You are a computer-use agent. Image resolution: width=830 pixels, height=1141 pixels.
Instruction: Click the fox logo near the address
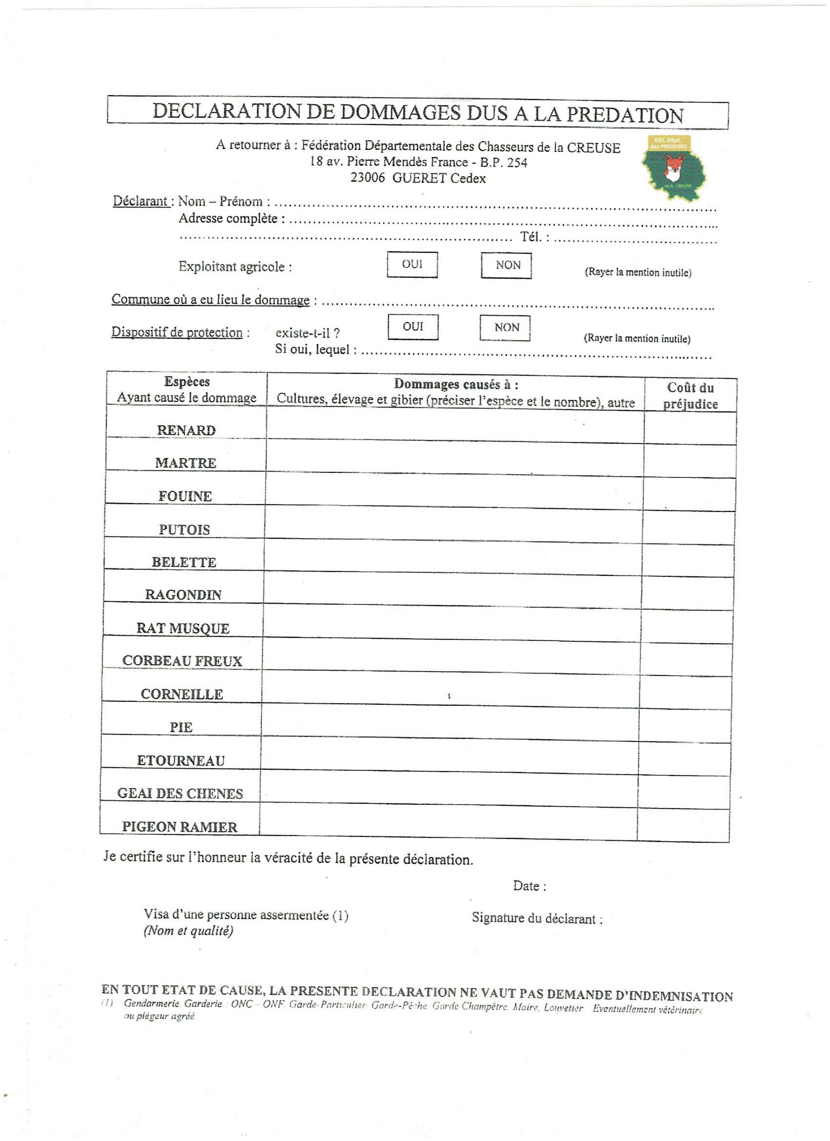pos(673,168)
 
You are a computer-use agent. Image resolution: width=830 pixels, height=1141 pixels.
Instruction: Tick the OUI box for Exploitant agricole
pos(412,265)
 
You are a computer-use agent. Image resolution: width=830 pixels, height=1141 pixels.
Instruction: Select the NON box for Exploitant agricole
pos(506,265)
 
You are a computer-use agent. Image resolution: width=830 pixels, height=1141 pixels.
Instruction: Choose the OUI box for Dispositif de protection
pos(413,327)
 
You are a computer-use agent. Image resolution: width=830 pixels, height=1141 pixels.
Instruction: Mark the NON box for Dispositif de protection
pos(505,328)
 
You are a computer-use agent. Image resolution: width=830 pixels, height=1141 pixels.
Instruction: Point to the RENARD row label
pos(186,430)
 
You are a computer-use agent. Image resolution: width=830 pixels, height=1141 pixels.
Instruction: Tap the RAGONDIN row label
pos(183,594)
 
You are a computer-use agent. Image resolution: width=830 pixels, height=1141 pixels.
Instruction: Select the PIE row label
pos(181,727)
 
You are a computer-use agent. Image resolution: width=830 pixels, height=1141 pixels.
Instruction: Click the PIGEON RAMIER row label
pos(180,827)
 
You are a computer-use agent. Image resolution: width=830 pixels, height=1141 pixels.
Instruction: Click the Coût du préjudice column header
pos(690,395)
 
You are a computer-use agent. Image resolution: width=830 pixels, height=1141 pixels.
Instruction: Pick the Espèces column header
pos(187,382)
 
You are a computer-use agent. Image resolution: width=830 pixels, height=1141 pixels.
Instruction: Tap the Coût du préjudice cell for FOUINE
pos(688,494)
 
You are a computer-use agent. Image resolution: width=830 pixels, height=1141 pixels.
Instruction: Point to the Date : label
pos(530,886)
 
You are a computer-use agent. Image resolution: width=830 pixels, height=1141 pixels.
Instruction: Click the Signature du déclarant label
pos(537,918)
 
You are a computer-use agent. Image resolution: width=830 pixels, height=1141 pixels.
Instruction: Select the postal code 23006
pos(368,178)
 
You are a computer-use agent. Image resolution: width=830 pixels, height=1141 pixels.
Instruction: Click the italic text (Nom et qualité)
pos(188,931)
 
